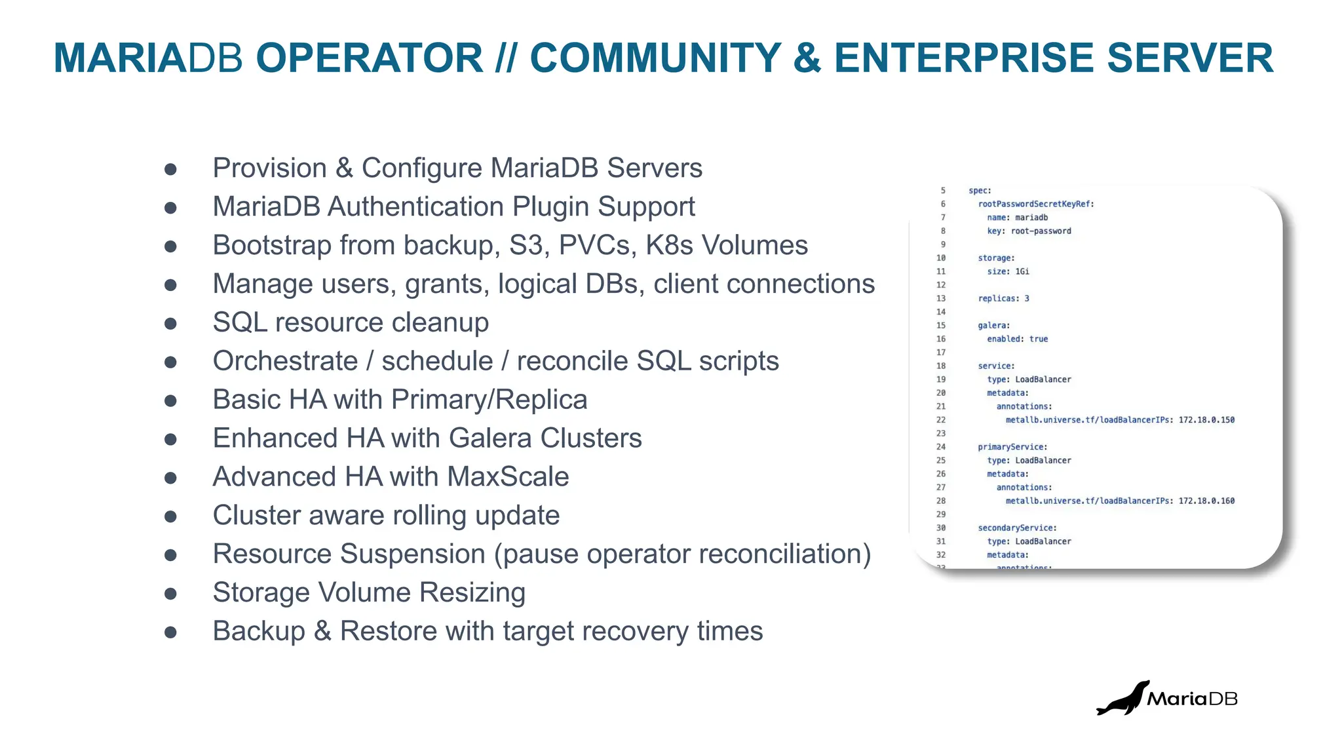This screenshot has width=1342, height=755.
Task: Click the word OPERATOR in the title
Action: (369, 58)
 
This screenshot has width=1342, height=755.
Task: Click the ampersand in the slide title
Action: (807, 58)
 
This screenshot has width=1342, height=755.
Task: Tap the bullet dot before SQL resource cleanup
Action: (170, 323)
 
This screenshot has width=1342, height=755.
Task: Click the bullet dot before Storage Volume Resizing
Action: (170, 593)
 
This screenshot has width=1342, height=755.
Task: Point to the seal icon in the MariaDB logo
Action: (1123, 699)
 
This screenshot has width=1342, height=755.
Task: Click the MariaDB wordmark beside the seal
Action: (1191, 699)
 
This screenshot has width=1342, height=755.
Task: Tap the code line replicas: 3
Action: (1003, 298)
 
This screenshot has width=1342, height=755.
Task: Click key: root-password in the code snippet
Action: (1029, 231)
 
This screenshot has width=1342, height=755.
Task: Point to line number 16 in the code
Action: (941, 339)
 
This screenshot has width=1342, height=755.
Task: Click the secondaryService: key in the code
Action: (1017, 528)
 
